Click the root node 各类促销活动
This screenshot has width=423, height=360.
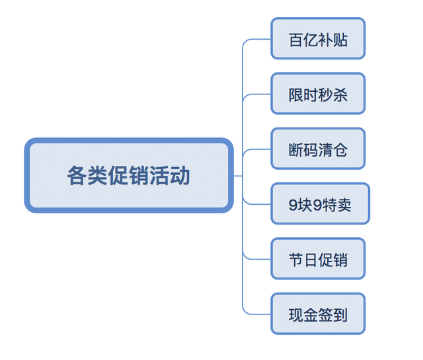(129, 176)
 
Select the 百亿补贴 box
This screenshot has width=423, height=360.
(318, 39)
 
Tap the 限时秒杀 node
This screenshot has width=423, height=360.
(318, 94)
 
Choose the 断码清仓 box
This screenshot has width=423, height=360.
(318, 149)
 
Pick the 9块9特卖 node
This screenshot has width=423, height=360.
(320, 204)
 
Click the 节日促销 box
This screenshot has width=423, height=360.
(318, 259)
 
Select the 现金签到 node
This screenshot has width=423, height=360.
(318, 314)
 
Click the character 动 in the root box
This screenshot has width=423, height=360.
(180, 176)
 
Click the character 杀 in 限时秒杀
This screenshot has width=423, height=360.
(340, 94)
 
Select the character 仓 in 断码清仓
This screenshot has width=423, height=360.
(340, 149)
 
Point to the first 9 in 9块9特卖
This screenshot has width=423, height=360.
(293, 205)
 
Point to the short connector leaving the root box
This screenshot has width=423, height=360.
(238, 176)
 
